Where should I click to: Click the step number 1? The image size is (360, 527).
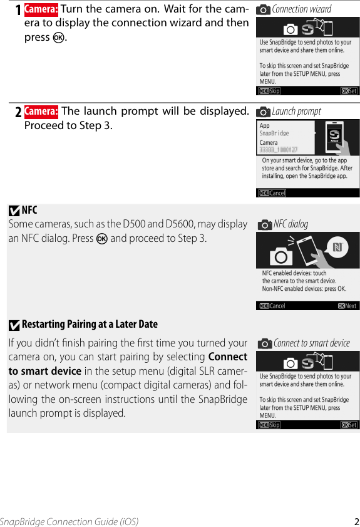[18, 10]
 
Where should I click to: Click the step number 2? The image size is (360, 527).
[18, 112]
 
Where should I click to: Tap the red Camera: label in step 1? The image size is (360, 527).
[41, 9]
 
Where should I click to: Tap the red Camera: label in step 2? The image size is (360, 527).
[41, 112]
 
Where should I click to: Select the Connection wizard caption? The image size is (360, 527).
[301, 9]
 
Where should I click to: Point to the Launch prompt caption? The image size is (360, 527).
[296, 112]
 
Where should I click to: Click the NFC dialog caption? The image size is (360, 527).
[291, 224]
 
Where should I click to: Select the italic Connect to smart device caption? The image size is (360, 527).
[311, 343]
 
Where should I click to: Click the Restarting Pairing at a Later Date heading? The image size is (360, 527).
[90, 324]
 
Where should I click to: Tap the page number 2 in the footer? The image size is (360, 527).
[356, 521]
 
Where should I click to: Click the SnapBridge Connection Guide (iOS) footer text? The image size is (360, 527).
[69, 521]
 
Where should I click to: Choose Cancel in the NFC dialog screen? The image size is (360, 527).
[272, 306]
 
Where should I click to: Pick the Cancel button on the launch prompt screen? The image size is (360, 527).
[272, 193]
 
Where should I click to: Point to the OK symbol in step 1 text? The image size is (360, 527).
[58, 38]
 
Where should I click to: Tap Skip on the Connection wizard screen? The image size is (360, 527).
[270, 91]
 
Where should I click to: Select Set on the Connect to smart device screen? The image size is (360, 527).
[349, 425]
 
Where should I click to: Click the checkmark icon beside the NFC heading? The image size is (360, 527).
[14, 211]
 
